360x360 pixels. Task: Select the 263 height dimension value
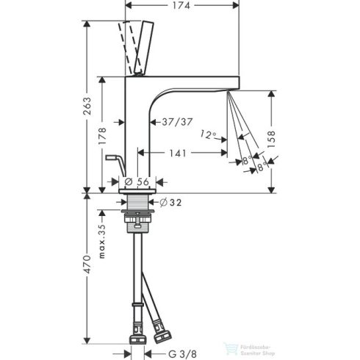[89, 106]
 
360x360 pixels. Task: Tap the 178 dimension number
[104, 135]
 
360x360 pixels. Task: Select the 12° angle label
[209, 134]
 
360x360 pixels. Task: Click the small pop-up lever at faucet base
[112, 156]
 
